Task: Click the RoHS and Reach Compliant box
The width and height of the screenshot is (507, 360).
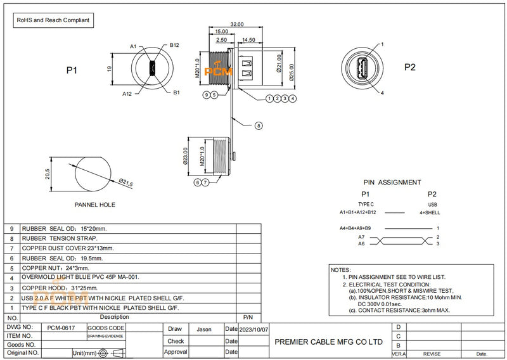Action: (x=54, y=20)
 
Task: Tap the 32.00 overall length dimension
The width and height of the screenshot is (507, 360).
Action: (x=236, y=24)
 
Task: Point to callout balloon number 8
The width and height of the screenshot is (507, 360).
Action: (x=259, y=125)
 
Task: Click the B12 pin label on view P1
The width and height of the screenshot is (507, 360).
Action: (x=175, y=46)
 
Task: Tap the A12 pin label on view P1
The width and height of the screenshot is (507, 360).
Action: (x=127, y=93)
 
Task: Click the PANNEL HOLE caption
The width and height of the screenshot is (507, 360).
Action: (x=95, y=205)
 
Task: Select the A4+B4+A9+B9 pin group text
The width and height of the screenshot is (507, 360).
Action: (x=355, y=228)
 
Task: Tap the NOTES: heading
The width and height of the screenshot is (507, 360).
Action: (x=341, y=270)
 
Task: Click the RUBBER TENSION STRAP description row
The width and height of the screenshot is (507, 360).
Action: (x=60, y=238)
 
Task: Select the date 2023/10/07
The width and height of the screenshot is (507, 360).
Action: (x=254, y=330)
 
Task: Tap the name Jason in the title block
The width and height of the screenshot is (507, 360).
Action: (x=204, y=330)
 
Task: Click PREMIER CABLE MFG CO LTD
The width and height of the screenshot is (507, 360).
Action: (x=329, y=342)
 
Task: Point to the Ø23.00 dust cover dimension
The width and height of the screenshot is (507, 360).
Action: (x=186, y=155)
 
